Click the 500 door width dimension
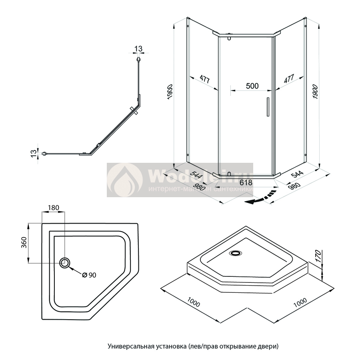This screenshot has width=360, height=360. tap(252, 86)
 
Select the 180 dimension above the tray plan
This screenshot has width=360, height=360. tap(54, 208)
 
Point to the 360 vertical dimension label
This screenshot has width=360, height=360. tap(24, 242)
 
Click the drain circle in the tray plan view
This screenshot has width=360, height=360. tap(65, 263)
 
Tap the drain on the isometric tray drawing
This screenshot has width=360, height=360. tap(236, 252)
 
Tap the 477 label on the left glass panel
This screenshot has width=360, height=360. tap(204, 79)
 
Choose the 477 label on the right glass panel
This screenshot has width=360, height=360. tap(289, 79)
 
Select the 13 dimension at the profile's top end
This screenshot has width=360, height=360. tap(138, 49)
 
